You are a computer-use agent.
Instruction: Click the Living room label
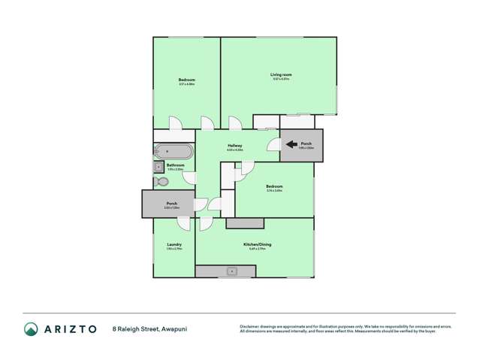(x=281, y=74)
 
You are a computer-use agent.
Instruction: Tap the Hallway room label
(x=234, y=147)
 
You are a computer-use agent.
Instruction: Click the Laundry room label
(x=174, y=244)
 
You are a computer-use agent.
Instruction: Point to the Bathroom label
(x=176, y=165)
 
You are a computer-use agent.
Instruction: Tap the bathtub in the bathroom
(x=174, y=150)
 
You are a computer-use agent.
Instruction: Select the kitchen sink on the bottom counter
(x=234, y=270)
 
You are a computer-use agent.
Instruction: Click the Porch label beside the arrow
(x=306, y=144)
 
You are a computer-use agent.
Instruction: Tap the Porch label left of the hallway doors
(x=171, y=203)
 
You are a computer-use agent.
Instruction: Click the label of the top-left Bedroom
(x=186, y=80)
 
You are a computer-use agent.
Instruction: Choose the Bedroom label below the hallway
(x=273, y=186)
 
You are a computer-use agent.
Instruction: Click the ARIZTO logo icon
(x=32, y=328)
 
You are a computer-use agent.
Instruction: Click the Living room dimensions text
(x=281, y=79)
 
